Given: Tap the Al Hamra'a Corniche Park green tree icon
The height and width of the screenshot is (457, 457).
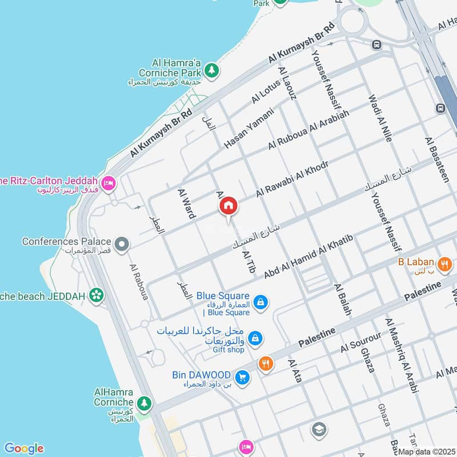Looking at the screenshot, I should click(x=212, y=70).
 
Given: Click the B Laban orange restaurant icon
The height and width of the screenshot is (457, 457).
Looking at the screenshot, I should click(x=443, y=264).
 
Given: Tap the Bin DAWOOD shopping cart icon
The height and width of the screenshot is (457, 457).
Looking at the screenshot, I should click(x=243, y=378).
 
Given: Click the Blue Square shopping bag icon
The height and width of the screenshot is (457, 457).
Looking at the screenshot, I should click(x=260, y=302).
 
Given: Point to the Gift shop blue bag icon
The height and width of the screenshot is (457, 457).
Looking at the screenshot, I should click(x=255, y=338).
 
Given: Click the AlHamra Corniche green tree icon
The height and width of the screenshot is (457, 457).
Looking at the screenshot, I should click(x=145, y=403).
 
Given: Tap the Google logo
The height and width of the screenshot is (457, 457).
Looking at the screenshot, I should click(x=23, y=448).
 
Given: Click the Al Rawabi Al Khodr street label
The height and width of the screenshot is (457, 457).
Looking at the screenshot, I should click(x=292, y=179).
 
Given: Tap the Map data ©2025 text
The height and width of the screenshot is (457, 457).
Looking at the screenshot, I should click(x=427, y=451).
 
